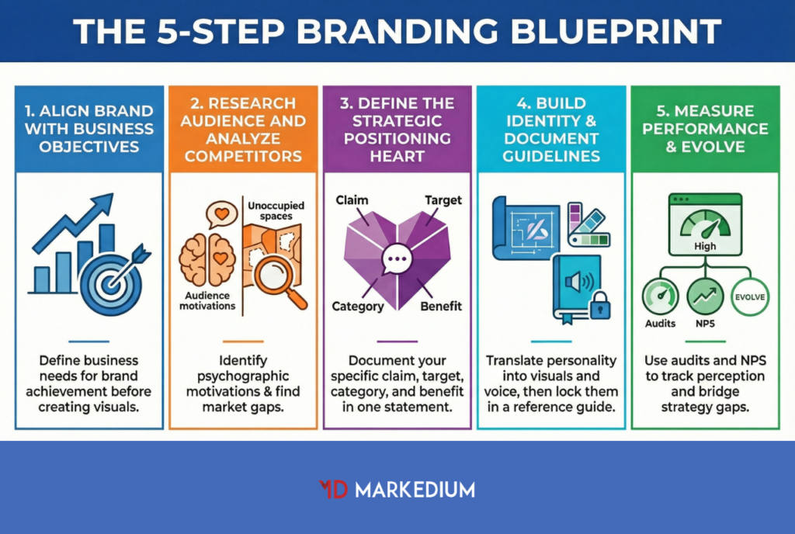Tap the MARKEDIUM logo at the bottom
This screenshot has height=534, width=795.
pos(397,489)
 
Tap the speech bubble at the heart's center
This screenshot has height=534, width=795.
pos(397,259)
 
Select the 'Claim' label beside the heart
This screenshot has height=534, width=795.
pos(352,200)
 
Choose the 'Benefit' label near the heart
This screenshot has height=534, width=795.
pos(441,306)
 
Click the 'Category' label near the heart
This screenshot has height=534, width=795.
pos(358,306)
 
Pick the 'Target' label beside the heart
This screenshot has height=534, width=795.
pos(443,200)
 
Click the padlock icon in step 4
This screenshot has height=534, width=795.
pos(600,306)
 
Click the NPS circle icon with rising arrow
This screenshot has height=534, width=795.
pos(705,296)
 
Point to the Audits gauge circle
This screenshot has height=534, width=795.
pos(660,296)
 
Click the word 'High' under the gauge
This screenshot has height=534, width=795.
pos(705,246)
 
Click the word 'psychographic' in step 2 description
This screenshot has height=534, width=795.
pos(242,376)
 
